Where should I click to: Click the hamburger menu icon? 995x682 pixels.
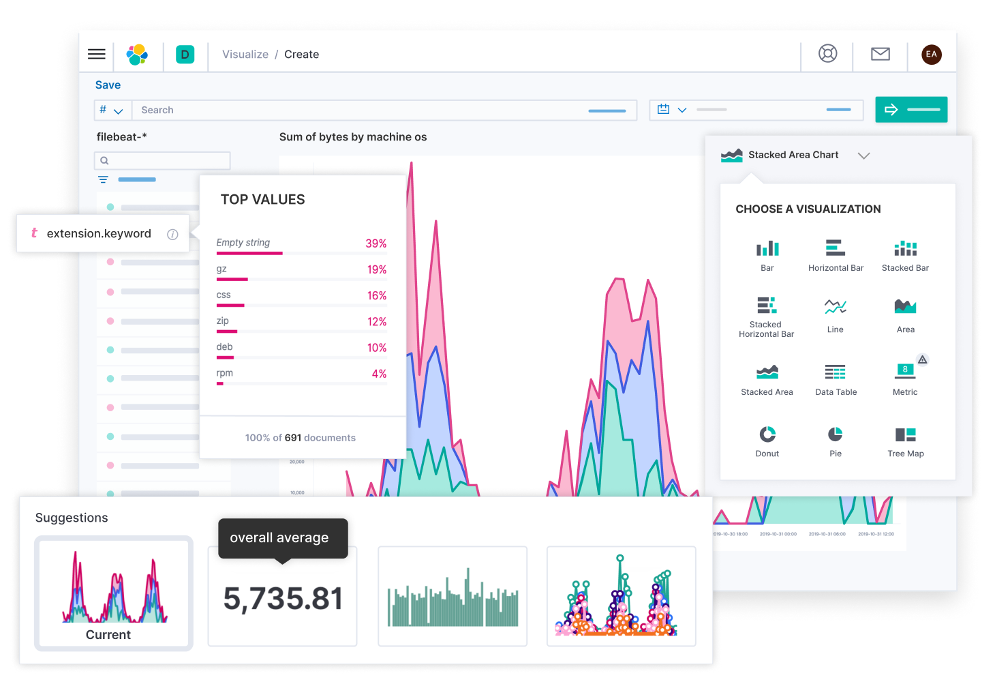point(97,55)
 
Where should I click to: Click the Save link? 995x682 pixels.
point(108,85)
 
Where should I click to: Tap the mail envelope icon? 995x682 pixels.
point(880,54)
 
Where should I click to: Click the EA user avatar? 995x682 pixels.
point(931,55)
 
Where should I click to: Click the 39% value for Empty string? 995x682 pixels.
point(376,243)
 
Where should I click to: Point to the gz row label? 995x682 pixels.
point(221,269)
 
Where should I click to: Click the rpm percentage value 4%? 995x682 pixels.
point(379,374)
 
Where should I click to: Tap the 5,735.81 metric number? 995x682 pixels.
point(283,599)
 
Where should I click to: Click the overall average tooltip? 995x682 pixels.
point(282,538)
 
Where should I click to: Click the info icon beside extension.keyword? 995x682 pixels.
point(172,234)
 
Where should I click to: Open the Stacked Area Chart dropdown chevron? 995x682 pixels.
point(863,155)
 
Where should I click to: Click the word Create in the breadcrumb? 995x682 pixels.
point(301,55)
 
